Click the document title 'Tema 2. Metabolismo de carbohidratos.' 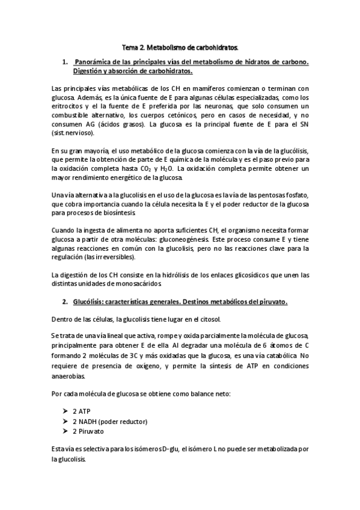(x=180, y=46)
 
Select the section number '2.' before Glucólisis (x=66, y=301)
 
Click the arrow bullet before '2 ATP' (x=66, y=411)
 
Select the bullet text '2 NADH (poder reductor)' (x=110, y=421)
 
